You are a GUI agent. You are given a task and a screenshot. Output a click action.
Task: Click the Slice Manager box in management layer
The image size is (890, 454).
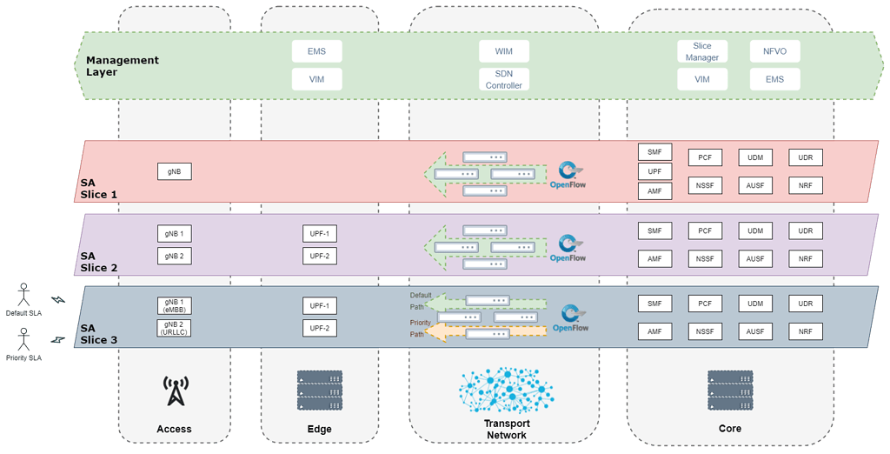tap(702, 52)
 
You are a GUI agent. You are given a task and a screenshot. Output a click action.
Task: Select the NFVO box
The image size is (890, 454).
tap(774, 52)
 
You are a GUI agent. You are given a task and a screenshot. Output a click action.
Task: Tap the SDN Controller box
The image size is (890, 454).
tap(503, 80)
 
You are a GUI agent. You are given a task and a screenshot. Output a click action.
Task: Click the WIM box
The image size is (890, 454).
tap(503, 52)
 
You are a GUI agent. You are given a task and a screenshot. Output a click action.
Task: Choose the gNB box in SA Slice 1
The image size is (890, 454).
tap(175, 171)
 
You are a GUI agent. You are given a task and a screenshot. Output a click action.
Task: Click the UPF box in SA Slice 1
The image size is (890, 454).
tap(654, 171)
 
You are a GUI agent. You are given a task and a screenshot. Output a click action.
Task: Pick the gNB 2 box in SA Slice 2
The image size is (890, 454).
tap(175, 256)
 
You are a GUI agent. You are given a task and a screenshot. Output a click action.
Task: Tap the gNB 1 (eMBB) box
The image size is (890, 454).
tap(174, 306)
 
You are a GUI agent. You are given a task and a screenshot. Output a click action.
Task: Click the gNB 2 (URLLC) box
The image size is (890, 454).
tap(174, 328)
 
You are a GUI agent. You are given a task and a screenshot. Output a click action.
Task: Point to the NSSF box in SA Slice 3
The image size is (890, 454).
tap(705, 331)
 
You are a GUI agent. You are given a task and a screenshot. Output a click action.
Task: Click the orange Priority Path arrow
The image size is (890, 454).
tap(487, 332)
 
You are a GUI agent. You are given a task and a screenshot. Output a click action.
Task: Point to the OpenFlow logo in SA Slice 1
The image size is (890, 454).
tap(568, 174)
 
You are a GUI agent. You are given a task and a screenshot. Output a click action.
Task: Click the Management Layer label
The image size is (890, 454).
tap(122, 66)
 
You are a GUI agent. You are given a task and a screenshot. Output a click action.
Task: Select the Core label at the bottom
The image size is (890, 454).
tap(730, 429)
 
